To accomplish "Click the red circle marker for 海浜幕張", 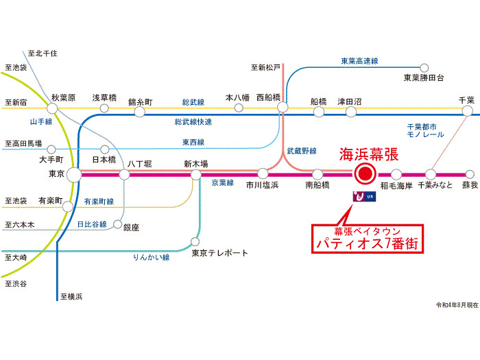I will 363,174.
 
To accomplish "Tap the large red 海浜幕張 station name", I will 369,155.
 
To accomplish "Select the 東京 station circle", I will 73,174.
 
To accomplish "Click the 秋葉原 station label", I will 62,97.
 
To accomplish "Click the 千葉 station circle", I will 467,110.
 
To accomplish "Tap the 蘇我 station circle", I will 469,174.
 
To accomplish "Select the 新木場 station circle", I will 196,174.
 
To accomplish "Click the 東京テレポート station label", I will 219,253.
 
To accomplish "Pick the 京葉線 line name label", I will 223,183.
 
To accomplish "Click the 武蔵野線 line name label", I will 302,149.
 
